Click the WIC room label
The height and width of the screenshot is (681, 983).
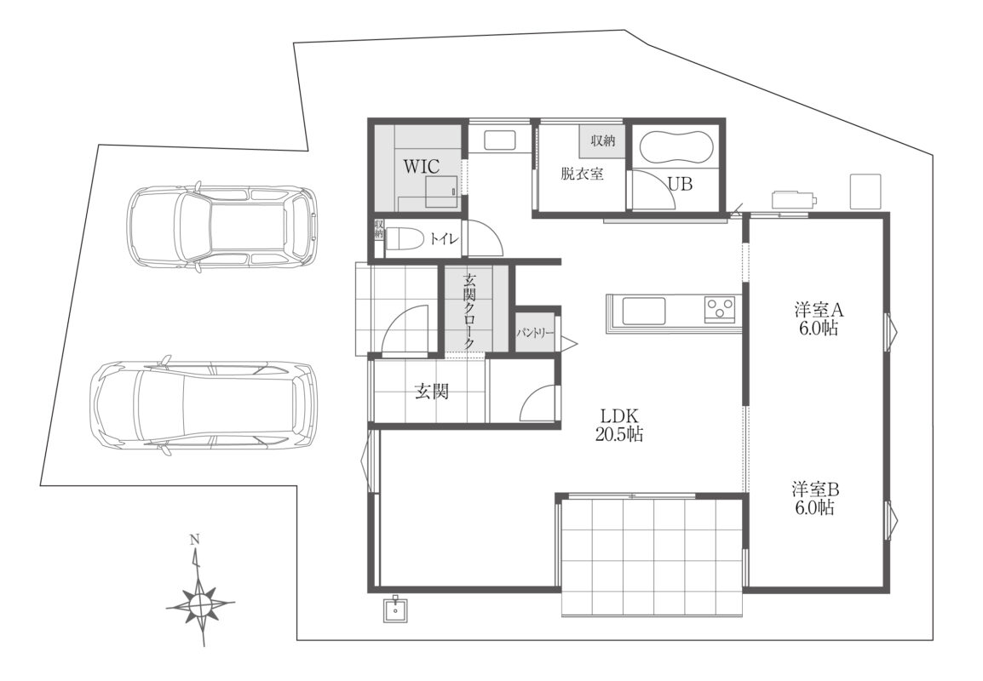tap(422, 167)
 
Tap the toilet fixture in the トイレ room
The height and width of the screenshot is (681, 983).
tap(402, 238)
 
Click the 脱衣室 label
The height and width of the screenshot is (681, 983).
tap(583, 174)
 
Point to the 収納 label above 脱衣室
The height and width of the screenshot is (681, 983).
tap(602, 140)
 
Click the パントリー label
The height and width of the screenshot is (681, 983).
tap(536, 332)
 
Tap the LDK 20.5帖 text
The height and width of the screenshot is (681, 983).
tap(618, 425)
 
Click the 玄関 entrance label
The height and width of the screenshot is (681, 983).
tap(432, 392)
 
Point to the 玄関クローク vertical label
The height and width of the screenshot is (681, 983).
tap(469, 311)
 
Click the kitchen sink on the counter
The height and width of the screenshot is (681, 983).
tap(643, 311)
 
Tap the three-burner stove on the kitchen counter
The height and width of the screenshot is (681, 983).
tap(719, 309)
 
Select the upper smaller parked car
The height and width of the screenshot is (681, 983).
tap(223, 226)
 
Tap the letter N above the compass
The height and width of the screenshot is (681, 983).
tap(195, 539)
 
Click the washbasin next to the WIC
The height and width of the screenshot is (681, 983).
tap(500, 140)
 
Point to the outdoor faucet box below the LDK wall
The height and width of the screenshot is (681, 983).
tap(396, 609)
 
